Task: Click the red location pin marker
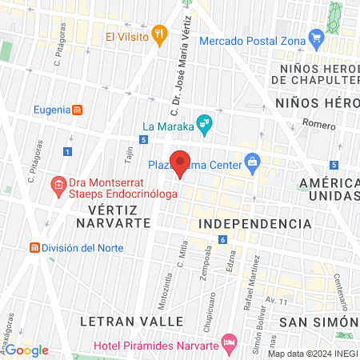(x=180, y=162)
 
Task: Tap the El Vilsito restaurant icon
(x=160, y=34)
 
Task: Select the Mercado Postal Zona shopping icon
(x=317, y=36)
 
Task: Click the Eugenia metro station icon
(x=77, y=110)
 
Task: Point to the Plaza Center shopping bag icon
(x=252, y=162)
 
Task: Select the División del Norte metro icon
(x=34, y=247)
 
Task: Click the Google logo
(x=26, y=350)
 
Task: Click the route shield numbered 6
(x=222, y=240)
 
